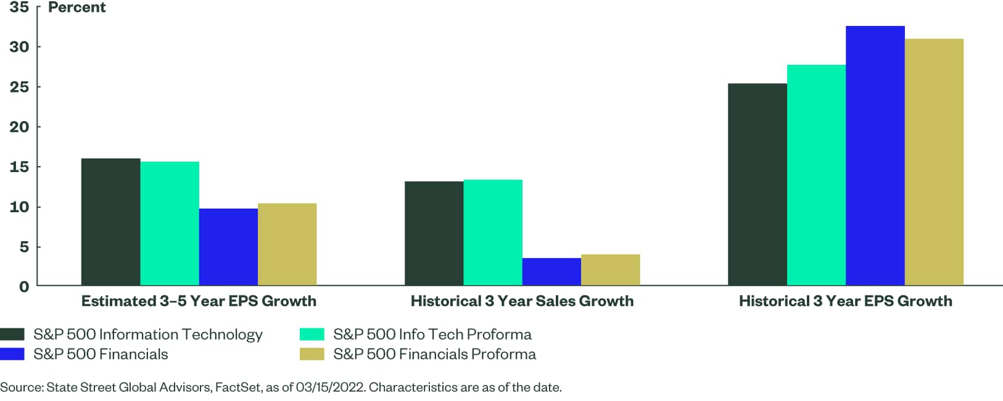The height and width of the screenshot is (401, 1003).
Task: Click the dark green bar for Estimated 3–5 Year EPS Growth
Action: point(110,222)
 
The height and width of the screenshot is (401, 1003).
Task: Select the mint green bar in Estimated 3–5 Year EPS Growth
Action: point(170,223)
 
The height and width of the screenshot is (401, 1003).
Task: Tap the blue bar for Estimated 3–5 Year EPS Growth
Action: point(228,247)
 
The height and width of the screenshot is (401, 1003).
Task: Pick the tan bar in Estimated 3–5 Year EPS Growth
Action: point(287,244)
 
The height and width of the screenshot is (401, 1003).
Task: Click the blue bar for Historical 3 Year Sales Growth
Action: point(551,271)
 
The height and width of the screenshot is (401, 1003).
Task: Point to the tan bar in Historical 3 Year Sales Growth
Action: point(610,270)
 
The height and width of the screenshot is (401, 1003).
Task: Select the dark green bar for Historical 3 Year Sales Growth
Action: point(434,233)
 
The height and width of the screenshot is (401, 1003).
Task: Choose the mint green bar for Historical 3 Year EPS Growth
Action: point(816,175)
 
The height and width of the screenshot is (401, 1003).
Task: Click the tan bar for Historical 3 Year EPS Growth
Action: point(934,162)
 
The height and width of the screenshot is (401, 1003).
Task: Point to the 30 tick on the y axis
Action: point(19,47)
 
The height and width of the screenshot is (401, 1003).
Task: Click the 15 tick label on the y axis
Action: point(19,167)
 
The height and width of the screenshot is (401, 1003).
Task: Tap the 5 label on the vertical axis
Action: point(24,247)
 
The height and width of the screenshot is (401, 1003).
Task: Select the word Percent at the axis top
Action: point(77,7)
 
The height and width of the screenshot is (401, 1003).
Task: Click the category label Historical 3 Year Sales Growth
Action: point(522,301)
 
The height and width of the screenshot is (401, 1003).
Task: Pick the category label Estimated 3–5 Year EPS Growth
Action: point(199,301)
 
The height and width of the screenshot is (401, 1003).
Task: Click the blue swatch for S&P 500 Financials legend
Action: point(12,354)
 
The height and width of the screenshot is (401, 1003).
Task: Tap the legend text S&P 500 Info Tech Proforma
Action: point(432,334)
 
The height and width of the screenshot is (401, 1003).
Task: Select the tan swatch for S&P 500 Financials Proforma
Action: point(312,354)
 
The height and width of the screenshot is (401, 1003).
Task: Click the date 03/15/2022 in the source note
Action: point(331,387)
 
